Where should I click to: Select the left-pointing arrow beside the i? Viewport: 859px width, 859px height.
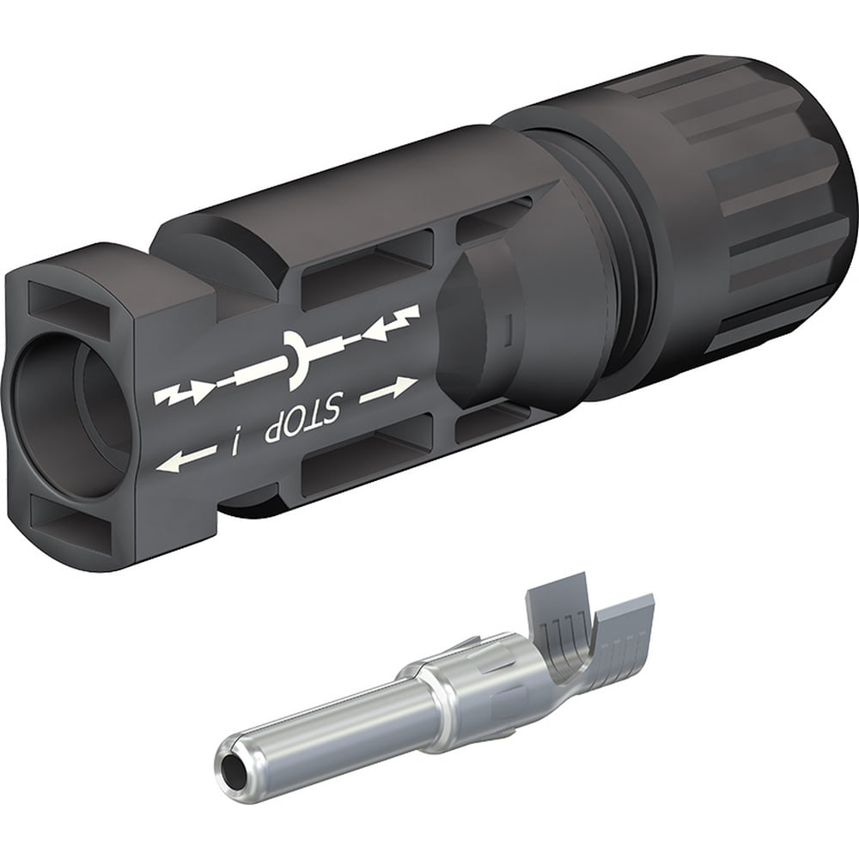coord(185,459)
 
